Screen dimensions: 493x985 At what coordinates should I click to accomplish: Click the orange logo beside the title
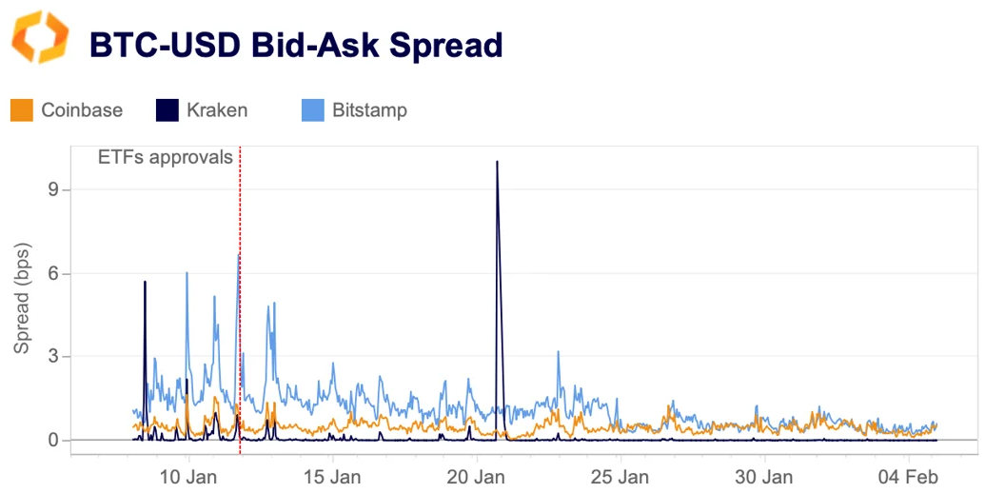(40, 38)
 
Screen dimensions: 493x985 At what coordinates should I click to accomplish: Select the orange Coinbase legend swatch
(22, 110)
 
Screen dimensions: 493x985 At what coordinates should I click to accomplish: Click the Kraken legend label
(216, 110)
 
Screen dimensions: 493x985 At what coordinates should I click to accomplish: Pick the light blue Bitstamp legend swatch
(313, 110)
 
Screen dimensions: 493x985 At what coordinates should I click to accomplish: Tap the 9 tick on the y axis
(53, 189)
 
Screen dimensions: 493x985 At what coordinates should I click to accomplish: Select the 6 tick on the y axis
(53, 273)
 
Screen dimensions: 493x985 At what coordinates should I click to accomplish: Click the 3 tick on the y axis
(53, 357)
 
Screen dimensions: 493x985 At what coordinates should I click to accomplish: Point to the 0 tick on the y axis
(53, 441)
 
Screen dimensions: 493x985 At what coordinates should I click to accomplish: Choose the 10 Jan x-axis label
(188, 476)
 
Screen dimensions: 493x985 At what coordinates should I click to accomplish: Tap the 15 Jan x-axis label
(332, 476)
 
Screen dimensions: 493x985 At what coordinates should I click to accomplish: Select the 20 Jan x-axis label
(476, 476)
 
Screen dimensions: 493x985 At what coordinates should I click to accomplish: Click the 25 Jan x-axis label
(620, 476)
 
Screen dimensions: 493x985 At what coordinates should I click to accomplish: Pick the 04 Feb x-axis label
(908, 476)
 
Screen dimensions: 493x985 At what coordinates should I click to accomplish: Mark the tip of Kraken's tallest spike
(497, 162)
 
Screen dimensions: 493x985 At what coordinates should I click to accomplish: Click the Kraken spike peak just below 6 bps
(145, 282)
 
